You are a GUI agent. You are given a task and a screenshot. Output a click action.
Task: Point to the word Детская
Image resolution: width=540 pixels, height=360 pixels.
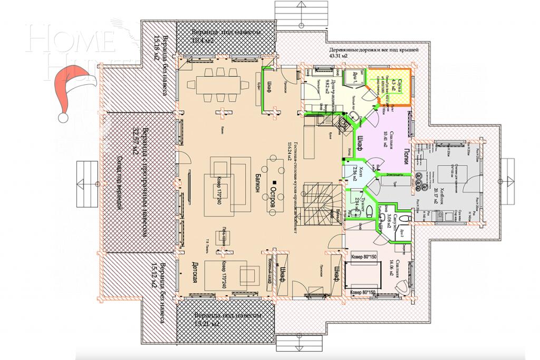[194, 271]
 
